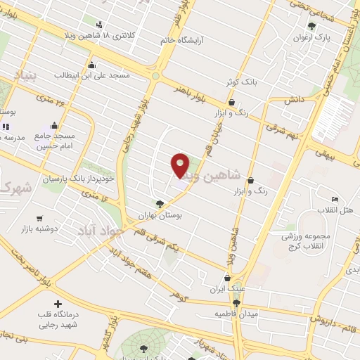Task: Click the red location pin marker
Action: (x=180, y=165)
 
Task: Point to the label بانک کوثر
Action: (x=241, y=82)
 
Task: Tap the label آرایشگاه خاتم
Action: (x=179, y=40)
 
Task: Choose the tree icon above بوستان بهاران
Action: (x=160, y=204)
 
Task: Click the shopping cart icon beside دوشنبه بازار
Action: (x=39, y=218)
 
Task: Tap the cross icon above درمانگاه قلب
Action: (x=58, y=303)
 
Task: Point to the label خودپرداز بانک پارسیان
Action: (x=77, y=179)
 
